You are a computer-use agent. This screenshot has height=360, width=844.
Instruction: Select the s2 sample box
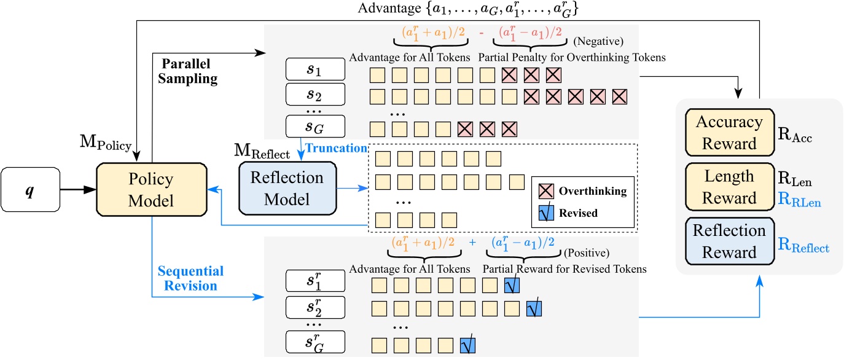316,95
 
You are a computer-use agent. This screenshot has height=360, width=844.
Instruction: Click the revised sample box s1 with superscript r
316,283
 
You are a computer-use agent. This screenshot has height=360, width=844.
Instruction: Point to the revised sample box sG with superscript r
316,342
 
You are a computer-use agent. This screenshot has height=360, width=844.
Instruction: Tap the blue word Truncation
337,148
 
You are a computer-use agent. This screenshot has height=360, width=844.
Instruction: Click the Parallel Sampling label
190,72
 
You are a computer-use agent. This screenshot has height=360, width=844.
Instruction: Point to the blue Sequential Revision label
190,279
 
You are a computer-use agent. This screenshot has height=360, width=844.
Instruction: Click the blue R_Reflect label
803,248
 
